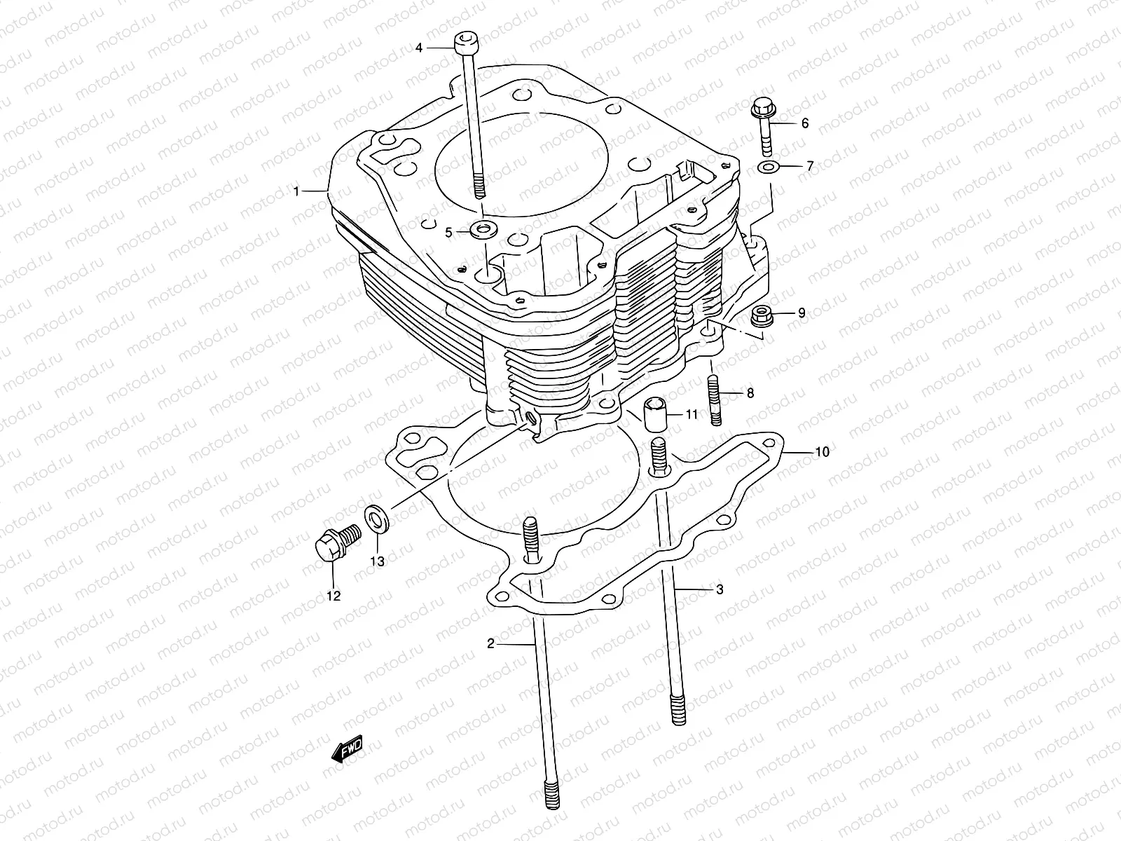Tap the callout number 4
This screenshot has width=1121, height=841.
[x=419, y=48]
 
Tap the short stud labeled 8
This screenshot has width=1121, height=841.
[x=716, y=400]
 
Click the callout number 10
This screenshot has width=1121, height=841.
[x=822, y=452]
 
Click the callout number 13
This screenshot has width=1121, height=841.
[x=378, y=561]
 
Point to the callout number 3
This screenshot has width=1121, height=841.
[x=719, y=589]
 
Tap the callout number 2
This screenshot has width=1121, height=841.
[x=491, y=643]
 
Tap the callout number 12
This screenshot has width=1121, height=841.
[x=333, y=596]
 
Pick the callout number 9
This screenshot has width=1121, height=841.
[x=802, y=313]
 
